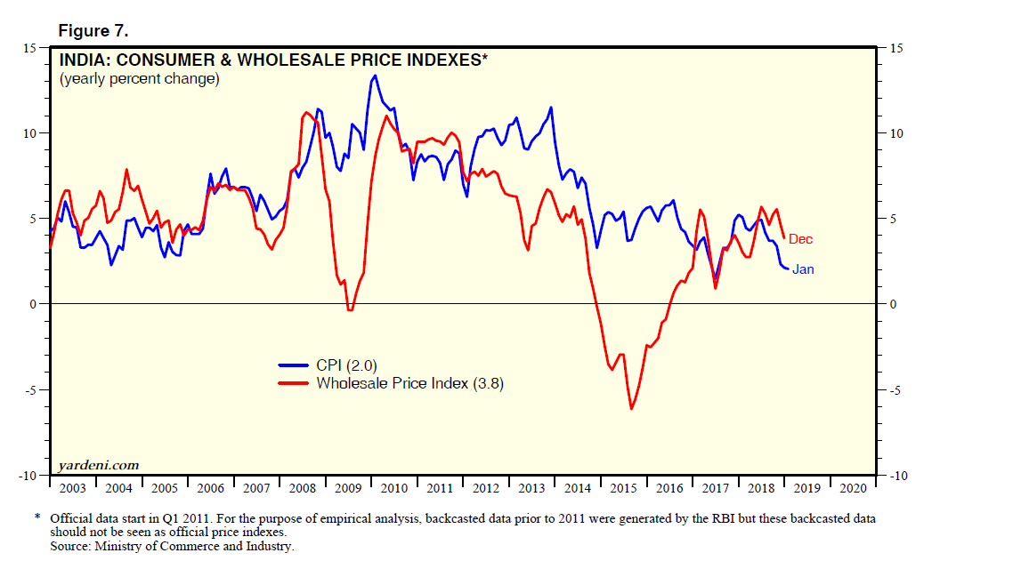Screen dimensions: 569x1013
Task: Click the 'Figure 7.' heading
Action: [93, 31]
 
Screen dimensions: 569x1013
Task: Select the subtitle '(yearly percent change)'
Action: [139, 79]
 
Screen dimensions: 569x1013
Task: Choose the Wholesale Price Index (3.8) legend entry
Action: [410, 383]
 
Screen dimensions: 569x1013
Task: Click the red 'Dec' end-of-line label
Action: [800, 239]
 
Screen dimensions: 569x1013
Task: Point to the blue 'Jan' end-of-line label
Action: [803, 269]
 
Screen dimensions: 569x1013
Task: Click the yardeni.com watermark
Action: [98, 465]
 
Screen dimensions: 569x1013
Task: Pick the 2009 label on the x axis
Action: [348, 488]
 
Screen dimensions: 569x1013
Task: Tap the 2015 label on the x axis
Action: [623, 488]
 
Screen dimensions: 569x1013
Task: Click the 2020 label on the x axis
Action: [852, 488]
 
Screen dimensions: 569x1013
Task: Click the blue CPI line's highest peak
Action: [375, 76]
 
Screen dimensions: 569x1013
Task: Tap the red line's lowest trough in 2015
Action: [631, 409]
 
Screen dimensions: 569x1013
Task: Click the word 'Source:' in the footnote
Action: [72, 547]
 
